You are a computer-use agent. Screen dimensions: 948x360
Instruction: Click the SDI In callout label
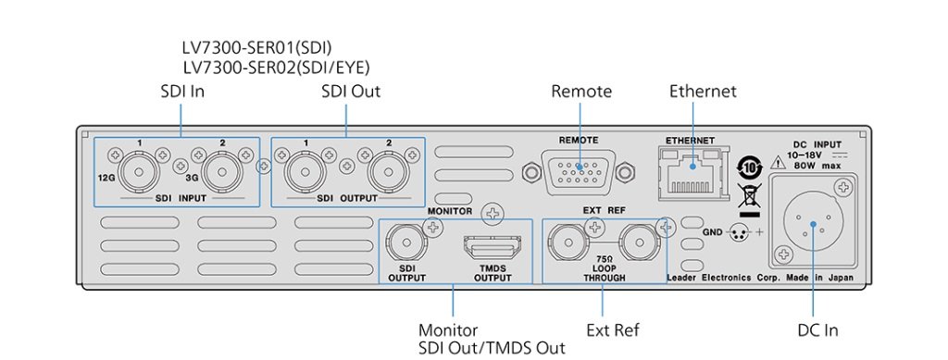(x=182, y=92)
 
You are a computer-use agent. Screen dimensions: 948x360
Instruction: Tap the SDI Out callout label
(x=351, y=92)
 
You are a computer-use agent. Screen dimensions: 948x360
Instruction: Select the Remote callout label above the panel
(x=581, y=92)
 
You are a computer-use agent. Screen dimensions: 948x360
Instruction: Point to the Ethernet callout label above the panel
(x=704, y=92)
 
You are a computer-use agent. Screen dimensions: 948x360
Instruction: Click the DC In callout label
(x=818, y=330)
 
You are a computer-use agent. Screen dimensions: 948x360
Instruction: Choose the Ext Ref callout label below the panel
(x=613, y=330)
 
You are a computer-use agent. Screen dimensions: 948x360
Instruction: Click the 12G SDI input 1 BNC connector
(x=139, y=171)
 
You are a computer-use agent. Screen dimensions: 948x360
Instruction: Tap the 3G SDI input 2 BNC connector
(x=222, y=171)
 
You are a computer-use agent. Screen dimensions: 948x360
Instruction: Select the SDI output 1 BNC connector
(x=306, y=171)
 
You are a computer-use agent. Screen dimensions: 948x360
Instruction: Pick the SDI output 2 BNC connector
(x=389, y=171)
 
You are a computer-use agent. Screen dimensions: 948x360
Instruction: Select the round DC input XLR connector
(x=813, y=224)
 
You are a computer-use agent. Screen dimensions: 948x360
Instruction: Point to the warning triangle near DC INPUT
(x=777, y=161)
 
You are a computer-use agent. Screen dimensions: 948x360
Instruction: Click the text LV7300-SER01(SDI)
(x=257, y=47)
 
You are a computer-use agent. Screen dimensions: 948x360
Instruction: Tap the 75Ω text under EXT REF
(x=605, y=258)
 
